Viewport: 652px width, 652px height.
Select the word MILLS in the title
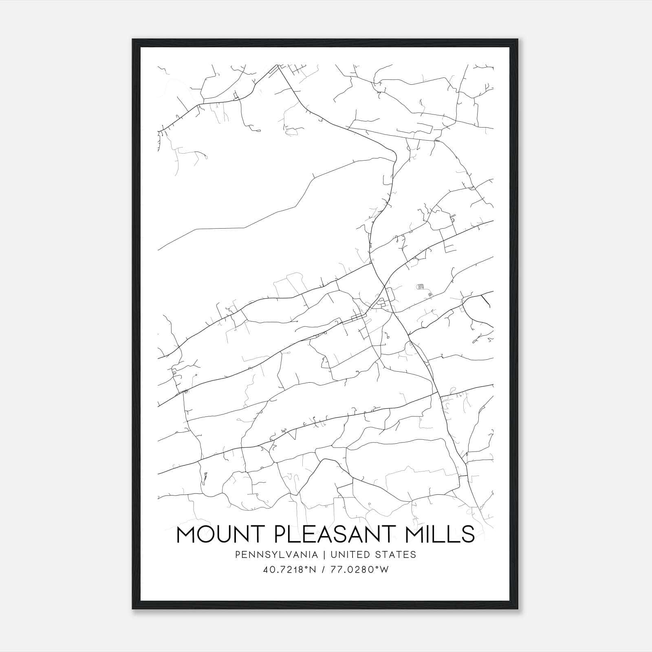point(442,534)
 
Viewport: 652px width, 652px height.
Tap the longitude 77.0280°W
point(360,570)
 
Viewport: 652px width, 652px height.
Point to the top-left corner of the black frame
point(133,40)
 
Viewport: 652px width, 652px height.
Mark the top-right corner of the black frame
point(518,40)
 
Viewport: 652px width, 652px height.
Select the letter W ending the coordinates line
point(384,570)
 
